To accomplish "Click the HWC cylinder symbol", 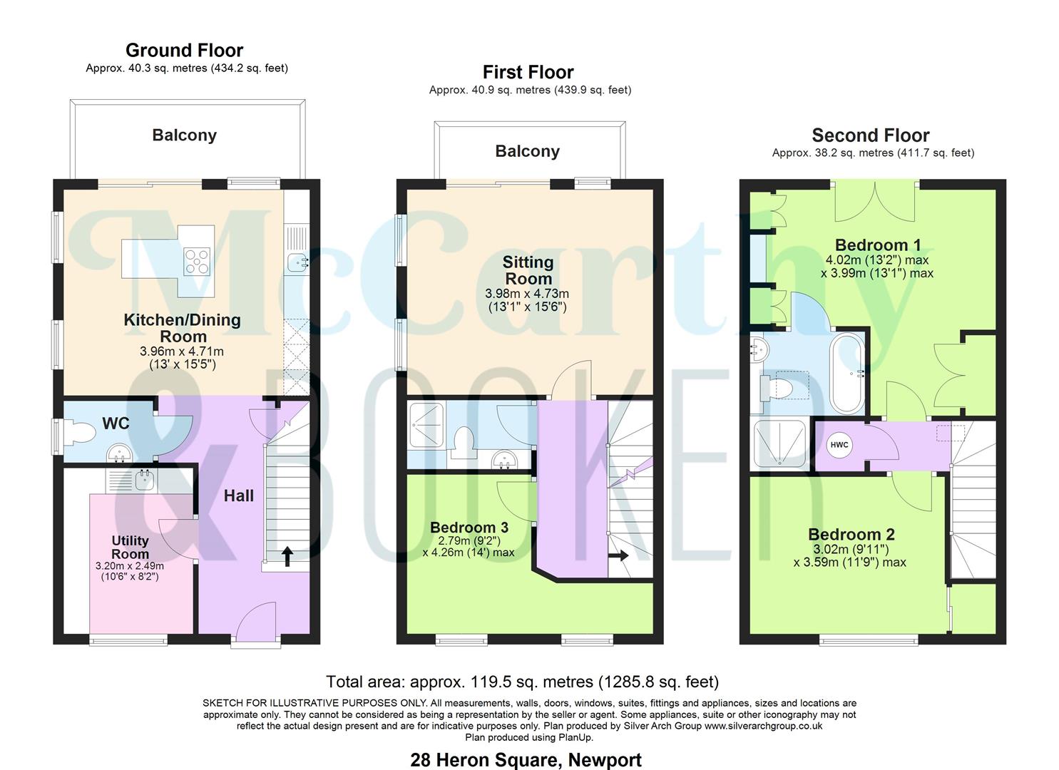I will pyautogui.click(x=839, y=445).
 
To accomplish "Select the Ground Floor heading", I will pyautogui.click(x=184, y=51).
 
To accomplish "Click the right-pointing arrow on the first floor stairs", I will pyautogui.click(x=618, y=555).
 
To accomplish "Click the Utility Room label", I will pyautogui.click(x=130, y=547).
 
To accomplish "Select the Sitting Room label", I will pyautogui.click(x=528, y=270).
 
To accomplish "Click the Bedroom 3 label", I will pyautogui.click(x=469, y=528).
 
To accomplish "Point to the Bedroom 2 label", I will pyautogui.click(x=851, y=534).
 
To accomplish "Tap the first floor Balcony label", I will pyautogui.click(x=527, y=151).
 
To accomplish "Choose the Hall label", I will pyautogui.click(x=238, y=496).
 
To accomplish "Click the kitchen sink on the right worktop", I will pyautogui.click(x=297, y=263).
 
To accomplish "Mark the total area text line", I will pyautogui.click(x=522, y=682).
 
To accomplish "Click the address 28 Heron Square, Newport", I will pyautogui.click(x=526, y=760).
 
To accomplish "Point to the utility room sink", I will pyautogui.click(x=145, y=481).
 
